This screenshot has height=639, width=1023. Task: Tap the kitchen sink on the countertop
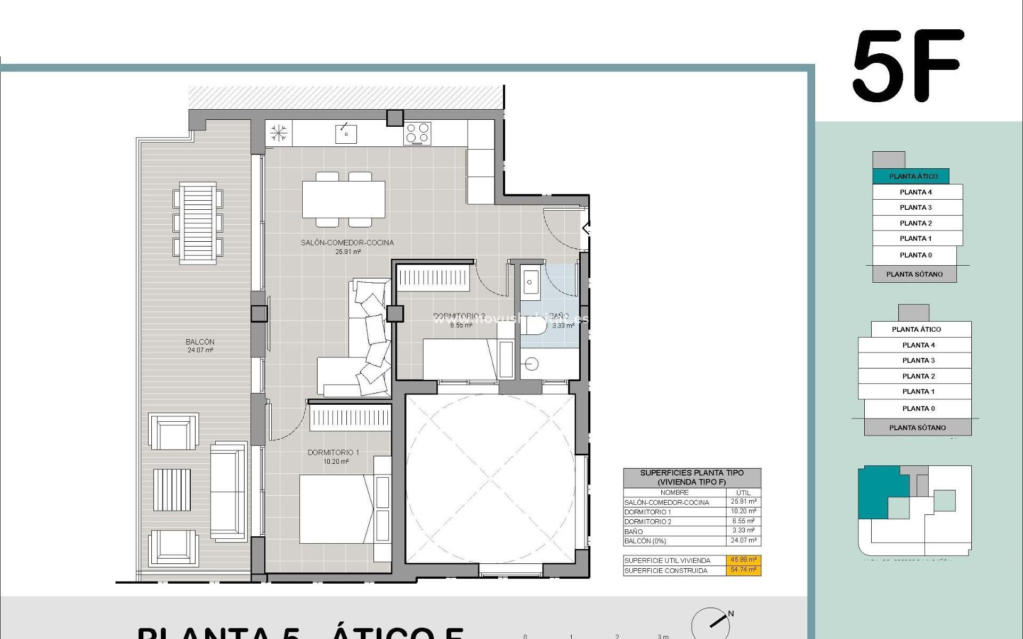(346, 133)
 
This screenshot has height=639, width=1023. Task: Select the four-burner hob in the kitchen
(418, 133)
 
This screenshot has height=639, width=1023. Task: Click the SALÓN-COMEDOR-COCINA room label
(347, 243)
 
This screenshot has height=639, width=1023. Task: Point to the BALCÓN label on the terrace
(200, 342)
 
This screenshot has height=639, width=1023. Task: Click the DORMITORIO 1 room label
(333, 453)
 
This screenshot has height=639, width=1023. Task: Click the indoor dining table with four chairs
(344, 200)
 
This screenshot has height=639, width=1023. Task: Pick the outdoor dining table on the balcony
(198, 223)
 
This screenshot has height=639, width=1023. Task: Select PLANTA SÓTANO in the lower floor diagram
(918, 428)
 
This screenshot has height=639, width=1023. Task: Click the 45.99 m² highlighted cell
(743, 560)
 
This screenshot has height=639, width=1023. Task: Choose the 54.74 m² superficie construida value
(743, 570)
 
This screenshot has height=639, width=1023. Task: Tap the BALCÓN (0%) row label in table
(645, 541)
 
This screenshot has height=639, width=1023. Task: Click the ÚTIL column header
(743, 493)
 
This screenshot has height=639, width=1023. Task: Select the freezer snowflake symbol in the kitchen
(279, 133)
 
